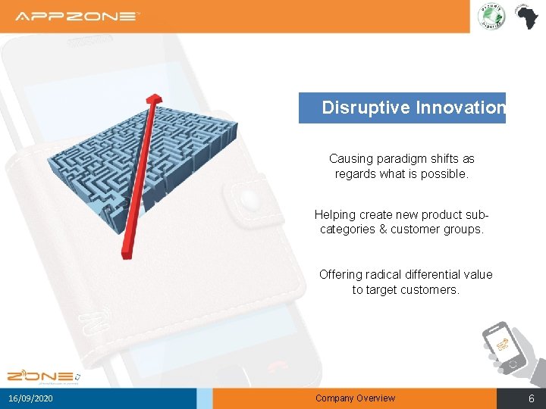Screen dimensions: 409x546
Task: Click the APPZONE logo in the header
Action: pyautogui.click(x=77, y=16)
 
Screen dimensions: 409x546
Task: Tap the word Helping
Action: pyautogui.click(x=334, y=214)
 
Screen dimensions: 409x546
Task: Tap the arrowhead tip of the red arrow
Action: pyautogui.click(x=154, y=99)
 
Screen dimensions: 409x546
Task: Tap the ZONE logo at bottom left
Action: pyautogui.click(x=42, y=376)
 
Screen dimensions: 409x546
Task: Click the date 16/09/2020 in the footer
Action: pyautogui.click(x=31, y=398)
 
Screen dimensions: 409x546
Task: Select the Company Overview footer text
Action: pyautogui.click(x=355, y=398)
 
